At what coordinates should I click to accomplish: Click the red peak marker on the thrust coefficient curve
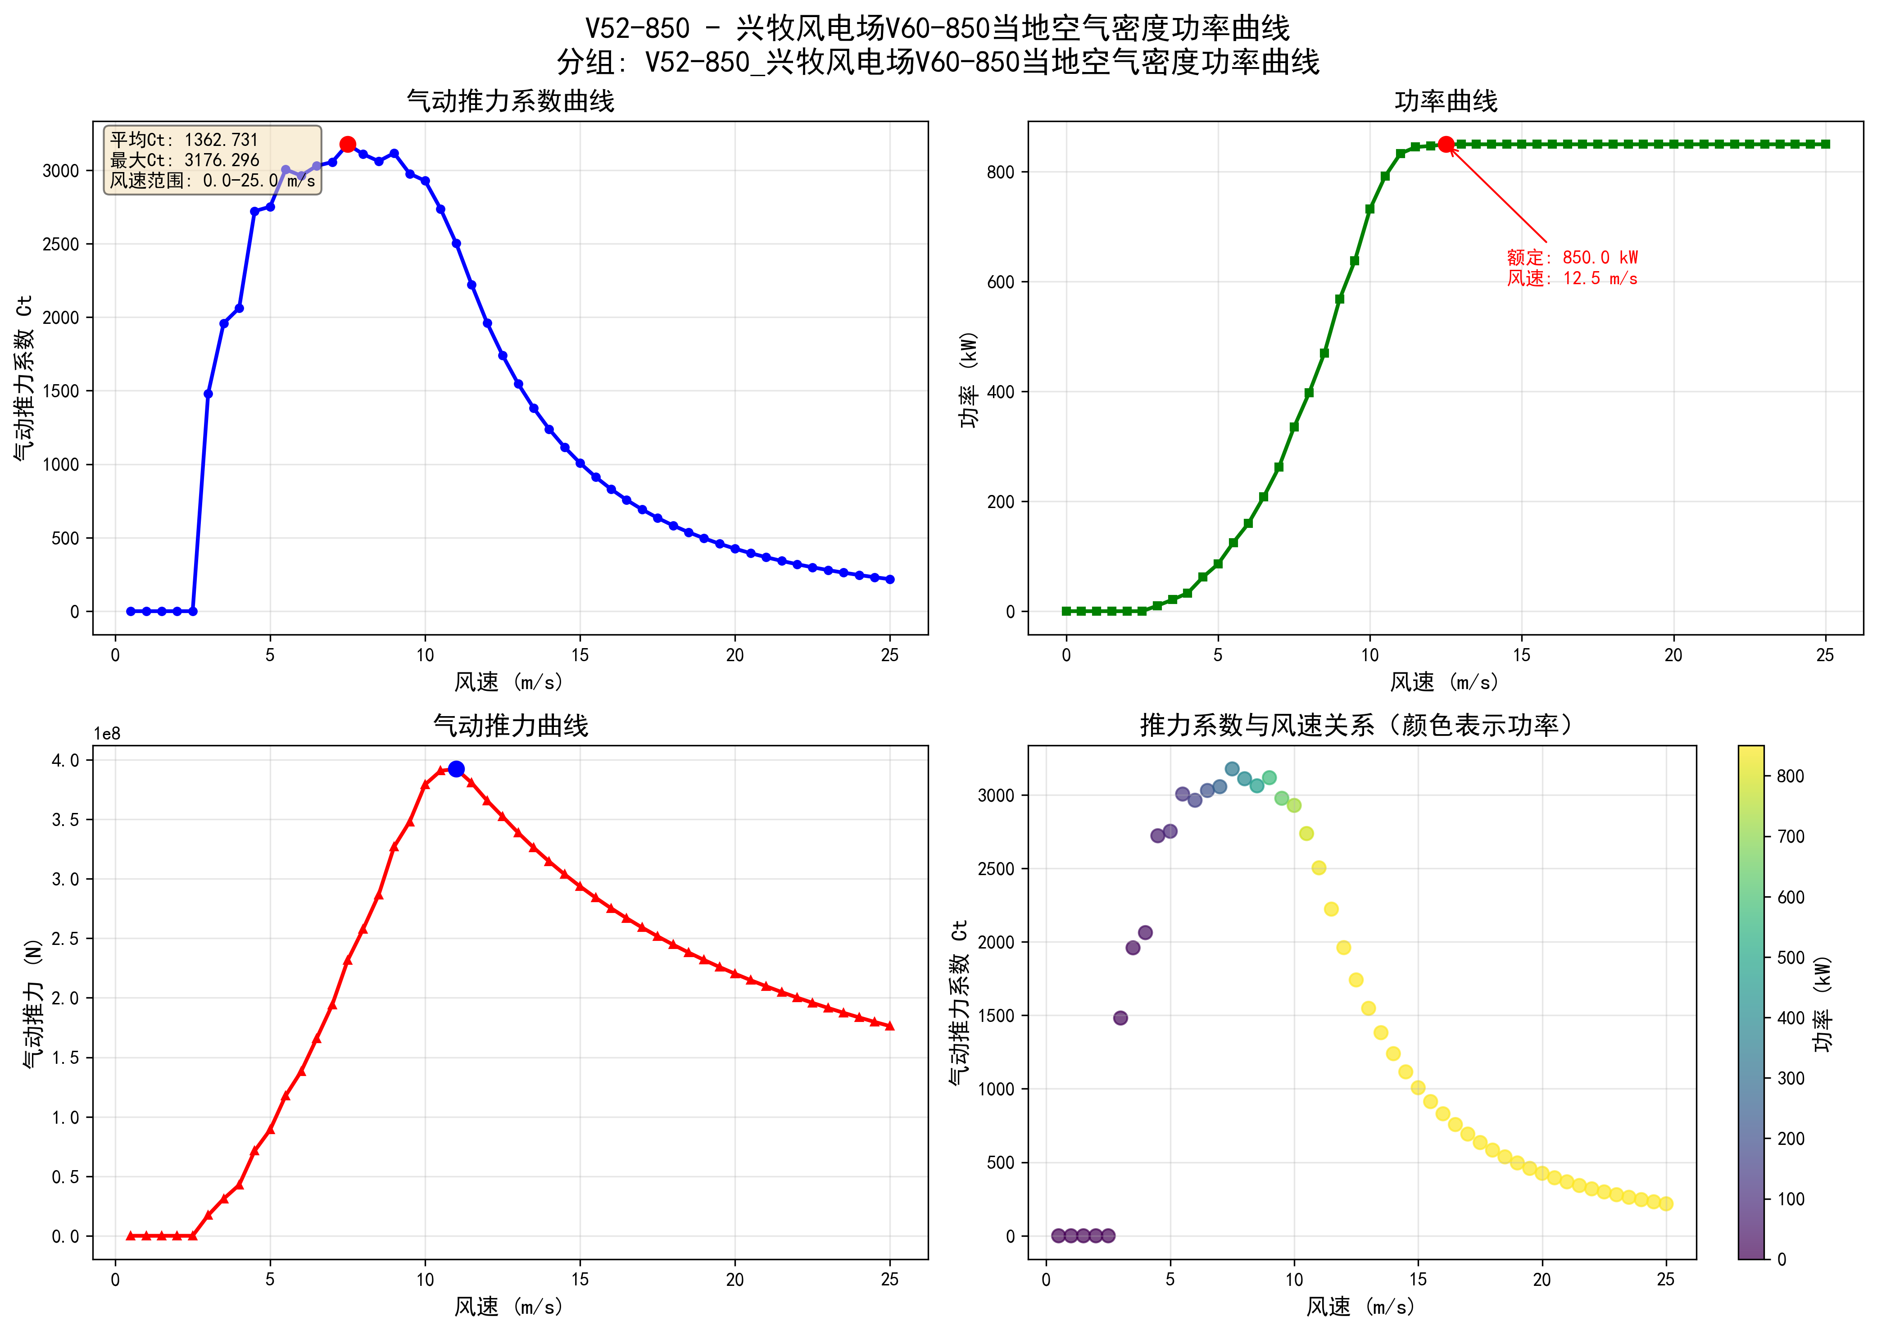(x=347, y=144)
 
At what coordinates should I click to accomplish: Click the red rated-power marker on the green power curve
(x=1446, y=144)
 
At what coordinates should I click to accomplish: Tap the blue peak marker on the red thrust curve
(x=456, y=769)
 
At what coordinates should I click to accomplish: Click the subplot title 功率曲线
(x=1446, y=101)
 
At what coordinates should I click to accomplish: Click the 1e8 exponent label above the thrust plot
(x=106, y=734)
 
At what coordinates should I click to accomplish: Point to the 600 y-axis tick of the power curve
(x=1001, y=282)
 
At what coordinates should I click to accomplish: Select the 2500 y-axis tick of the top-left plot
(x=61, y=244)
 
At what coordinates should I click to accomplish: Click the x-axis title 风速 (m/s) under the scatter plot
(x=1360, y=1306)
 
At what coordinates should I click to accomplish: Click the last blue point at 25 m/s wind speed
(x=890, y=579)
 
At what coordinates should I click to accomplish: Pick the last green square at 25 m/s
(x=1825, y=144)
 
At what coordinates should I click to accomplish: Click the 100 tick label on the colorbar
(x=1790, y=1199)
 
